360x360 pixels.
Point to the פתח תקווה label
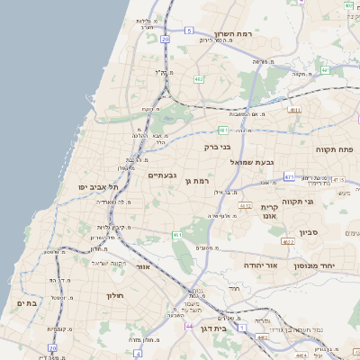click(x=334, y=148)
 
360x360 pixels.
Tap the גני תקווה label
click(x=297, y=202)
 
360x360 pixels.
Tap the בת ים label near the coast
click(x=27, y=303)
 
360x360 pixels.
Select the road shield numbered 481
click(x=222, y=130)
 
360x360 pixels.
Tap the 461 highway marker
click(x=177, y=235)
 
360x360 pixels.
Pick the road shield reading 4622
click(x=288, y=242)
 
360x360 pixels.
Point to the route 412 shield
click(x=244, y=205)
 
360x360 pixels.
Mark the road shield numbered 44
click(x=189, y=325)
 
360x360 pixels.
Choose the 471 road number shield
click(x=290, y=177)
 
